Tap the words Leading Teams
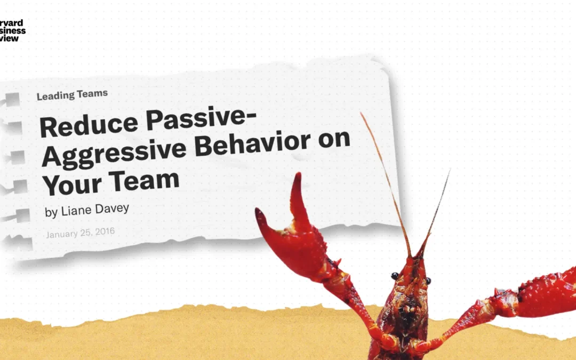tap(72, 95)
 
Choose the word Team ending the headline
tap(145, 180)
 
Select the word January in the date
tap(61, 234)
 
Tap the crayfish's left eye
tap(395, 276)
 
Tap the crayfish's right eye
tap(428, 281)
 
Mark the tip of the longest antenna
tap(362, 114)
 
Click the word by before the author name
tap(51, 212)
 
